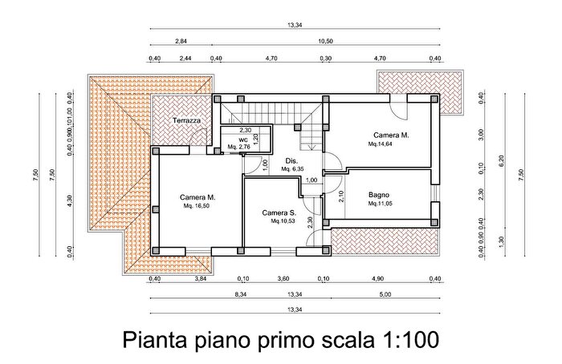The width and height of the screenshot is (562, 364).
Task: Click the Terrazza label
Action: (x=185, y=121)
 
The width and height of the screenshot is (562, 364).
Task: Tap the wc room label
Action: (x=242, y=140)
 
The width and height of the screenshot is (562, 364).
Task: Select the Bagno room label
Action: (x=380, y=196)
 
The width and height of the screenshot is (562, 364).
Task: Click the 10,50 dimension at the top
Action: (x=326, y=40)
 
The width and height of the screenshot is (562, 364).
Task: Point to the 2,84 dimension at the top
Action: (x=181, y=40)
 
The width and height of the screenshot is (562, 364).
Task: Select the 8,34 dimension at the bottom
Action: (x=240, y=294)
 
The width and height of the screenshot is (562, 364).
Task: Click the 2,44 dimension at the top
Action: (x=185, y=59)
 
